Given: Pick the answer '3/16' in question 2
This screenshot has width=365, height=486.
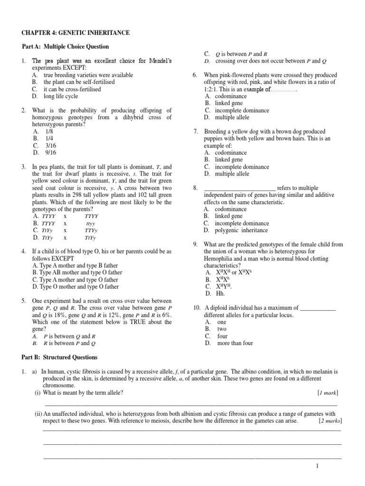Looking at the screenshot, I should tap(50, 145).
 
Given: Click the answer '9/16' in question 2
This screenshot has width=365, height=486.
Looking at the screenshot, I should tap(50, 152).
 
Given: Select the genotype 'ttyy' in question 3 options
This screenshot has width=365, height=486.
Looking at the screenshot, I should tap(90, 223).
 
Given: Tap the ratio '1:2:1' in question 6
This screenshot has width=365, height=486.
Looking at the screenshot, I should tap(213, 89).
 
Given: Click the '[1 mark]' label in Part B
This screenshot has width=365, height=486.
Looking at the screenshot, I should tap(328, 393).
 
